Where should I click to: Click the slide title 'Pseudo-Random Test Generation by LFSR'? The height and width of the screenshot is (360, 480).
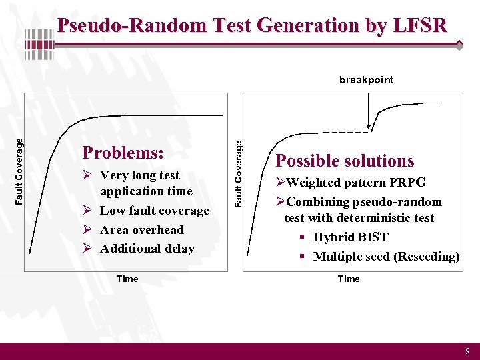[x=252, y=25]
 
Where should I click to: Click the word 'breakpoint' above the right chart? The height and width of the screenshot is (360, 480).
[x=366, y=80]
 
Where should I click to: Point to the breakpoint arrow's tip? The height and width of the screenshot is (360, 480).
[x=369, y=127]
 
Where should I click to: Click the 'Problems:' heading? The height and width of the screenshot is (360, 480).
[x=123, y=153]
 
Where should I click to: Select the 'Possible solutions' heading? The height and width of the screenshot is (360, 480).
[x=345, y=161]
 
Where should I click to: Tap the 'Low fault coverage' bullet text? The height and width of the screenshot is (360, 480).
[x=154, y=211]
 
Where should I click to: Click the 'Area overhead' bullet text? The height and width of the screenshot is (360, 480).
[x=141, y=230]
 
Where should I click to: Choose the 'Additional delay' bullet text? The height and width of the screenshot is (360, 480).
[x=147, y=249]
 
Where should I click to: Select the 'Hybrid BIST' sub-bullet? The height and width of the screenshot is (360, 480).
[x=350, y=237]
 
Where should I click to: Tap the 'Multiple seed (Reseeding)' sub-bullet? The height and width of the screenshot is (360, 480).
[x=386, y=257]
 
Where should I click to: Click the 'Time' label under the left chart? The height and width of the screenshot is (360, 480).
[x=127, y=279]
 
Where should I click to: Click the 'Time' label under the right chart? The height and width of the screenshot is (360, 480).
[x=348, y=279]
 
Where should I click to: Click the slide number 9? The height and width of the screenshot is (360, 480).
[x=467, y=351]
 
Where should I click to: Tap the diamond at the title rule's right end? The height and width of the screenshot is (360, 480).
[x=459, y=45]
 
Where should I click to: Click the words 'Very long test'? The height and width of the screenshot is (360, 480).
[x=139, y=175]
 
